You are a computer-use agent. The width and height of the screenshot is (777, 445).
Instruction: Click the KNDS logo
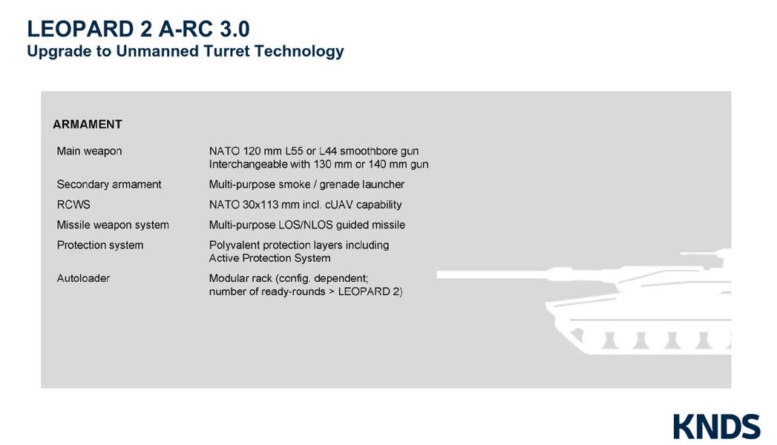click(716, 426)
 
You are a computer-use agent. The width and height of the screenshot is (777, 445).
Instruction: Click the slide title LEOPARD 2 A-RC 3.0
click(138, 29)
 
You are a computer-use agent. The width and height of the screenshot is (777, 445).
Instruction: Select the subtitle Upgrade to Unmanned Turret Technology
click(185, 51)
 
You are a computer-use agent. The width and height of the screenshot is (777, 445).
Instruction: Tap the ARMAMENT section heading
click(88, 124)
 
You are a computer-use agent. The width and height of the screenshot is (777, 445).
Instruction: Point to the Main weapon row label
click(89, 151)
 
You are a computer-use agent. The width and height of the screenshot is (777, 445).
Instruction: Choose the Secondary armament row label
click(109, 184)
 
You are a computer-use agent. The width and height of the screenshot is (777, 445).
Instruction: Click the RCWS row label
click(73, 204)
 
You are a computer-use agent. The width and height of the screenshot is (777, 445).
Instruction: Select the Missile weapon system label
click(113, 225)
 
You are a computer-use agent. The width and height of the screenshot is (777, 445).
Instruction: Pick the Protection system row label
click(100, 245)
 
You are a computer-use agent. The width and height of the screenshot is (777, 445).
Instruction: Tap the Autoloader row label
click(83, 278)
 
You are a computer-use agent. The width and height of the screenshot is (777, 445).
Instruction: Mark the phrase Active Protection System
click(269, 258)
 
